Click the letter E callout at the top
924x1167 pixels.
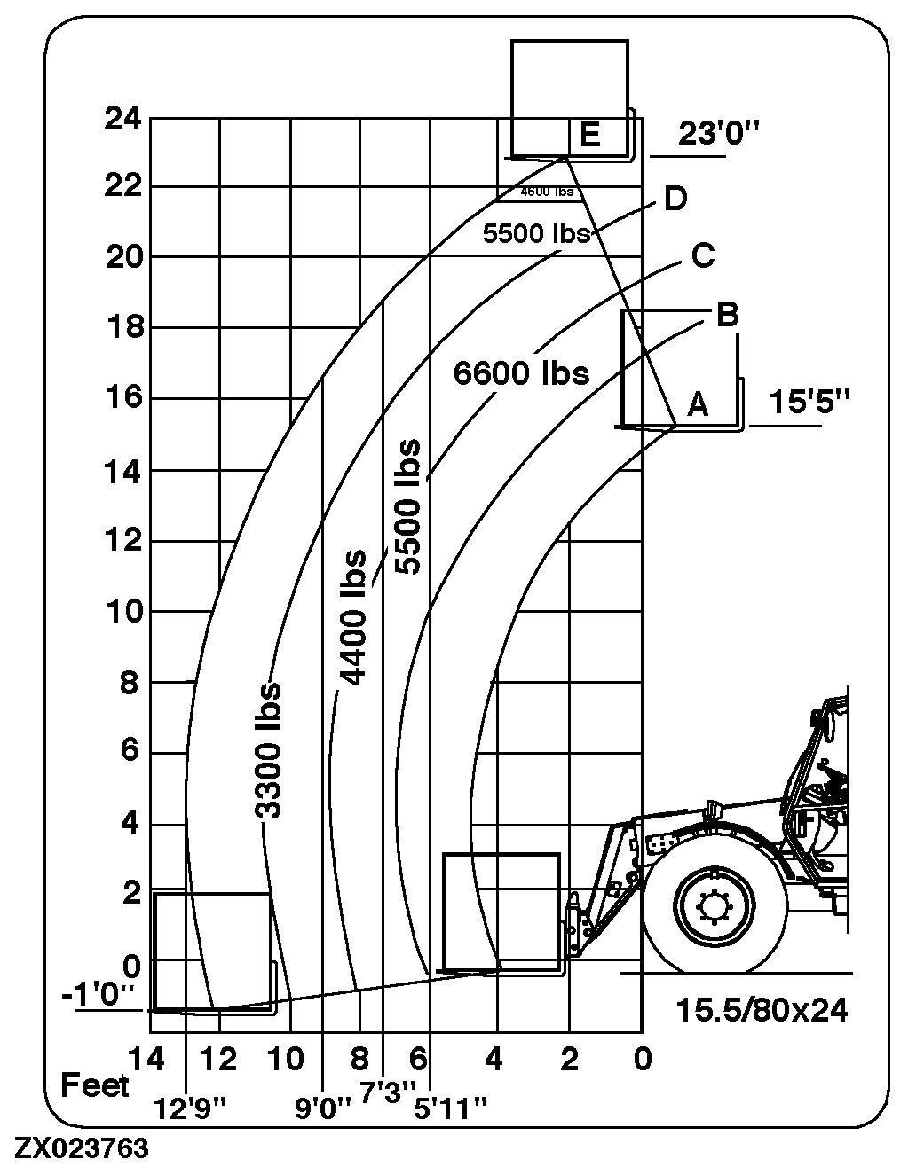[x=588, y=135]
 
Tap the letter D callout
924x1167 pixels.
[x=675, y=199]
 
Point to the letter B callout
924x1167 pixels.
[x=726, y=315]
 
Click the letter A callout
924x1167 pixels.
[x=698, y=405]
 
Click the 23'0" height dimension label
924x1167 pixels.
[x=719, y=134]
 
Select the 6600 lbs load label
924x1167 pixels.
[x=521, y=372]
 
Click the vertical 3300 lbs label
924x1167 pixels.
[x=267, y=750]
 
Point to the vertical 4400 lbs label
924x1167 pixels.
[x=353, y=618]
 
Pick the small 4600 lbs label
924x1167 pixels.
[x=546, y=192]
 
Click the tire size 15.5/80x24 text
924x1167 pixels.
[x=762, y=1010]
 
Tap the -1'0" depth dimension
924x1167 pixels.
[x=98, y=995]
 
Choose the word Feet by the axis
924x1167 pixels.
[x=94, y=1085]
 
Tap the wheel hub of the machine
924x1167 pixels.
[x=714, y=906]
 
